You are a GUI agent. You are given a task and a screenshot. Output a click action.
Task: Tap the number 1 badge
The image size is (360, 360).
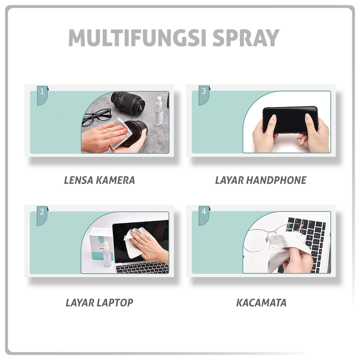[42, 92]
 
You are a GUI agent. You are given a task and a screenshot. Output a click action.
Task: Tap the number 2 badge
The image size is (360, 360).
[42, 212]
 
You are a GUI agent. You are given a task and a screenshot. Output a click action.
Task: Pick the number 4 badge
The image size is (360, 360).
[204, 212]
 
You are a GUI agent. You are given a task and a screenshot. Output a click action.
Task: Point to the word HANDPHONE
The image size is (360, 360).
[276, 180]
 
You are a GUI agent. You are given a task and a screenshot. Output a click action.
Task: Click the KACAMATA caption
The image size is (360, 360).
[261, 302]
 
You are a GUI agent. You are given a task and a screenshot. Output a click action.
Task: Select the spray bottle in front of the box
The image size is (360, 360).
[107, 255]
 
